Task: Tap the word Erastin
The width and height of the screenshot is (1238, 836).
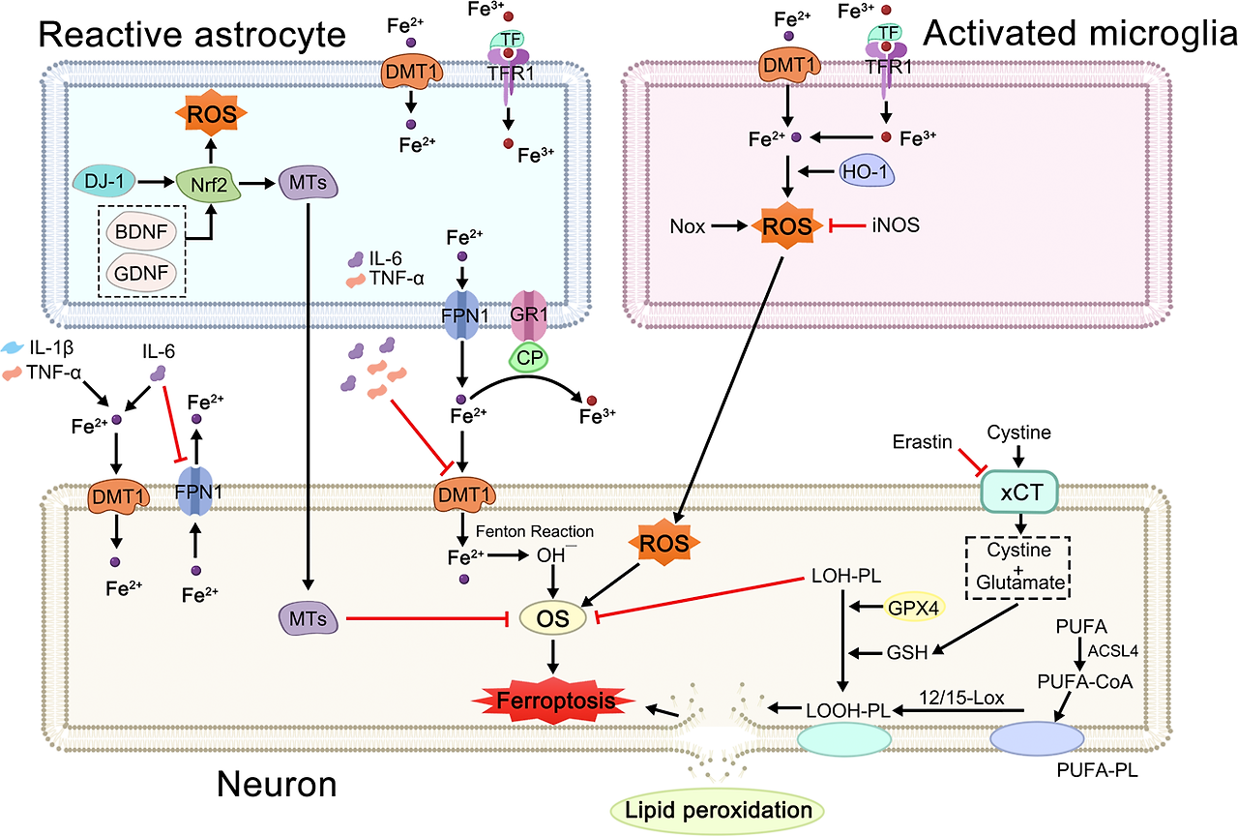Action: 919,441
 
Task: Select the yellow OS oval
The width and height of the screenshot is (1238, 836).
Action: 554,617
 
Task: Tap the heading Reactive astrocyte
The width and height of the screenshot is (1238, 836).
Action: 192,35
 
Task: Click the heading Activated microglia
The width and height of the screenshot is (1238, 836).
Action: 1079,35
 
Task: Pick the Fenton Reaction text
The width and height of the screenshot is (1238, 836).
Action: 534,531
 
